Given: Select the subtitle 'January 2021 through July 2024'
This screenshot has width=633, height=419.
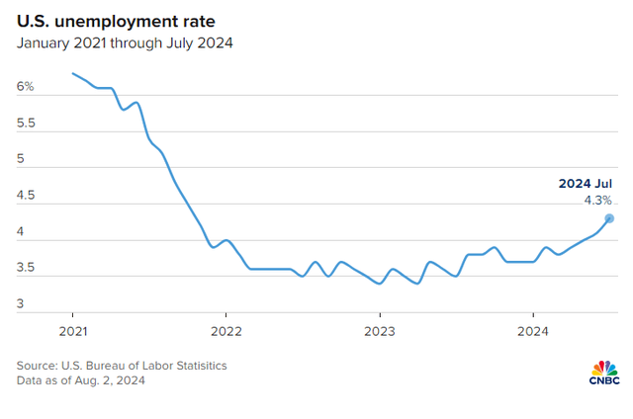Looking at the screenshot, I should (x=124, y=43).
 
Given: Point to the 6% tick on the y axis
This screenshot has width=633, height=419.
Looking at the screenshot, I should (x=25, y=87).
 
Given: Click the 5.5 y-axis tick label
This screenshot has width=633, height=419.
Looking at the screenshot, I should (x=26, y=124).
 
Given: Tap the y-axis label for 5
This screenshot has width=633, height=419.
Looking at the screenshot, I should (x=21, y=159).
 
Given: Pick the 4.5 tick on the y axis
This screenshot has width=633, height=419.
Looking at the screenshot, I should (x=26, y=196).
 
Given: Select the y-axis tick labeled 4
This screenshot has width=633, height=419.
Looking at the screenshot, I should (x=21, y=232).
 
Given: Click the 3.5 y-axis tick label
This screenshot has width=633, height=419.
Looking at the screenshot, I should (x=26, y=268).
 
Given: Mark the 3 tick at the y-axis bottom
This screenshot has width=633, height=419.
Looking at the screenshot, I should (x=21, y=304).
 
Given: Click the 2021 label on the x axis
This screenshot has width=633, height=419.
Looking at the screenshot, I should (x=73, y=330).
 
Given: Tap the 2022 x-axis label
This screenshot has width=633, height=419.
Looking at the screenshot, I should (x=226, y=330).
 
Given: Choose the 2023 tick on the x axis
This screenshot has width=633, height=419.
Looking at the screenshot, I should (x=380, y=330).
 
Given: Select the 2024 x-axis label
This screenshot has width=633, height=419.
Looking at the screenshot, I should (x=533, y=330).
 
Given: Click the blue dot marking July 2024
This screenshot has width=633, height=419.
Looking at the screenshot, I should (x=609, y=218).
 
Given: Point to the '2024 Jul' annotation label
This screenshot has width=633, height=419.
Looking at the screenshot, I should (x=585, y=184).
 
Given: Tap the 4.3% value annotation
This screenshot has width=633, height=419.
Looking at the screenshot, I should (x=597, y=201).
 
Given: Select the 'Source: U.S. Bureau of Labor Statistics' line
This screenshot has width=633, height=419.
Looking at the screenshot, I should (x=122, y=366).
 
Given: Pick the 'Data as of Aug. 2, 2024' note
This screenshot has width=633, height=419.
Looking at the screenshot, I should (x=80, y=381).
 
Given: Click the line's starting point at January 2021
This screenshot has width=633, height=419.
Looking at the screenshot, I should (x=73, y=73).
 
